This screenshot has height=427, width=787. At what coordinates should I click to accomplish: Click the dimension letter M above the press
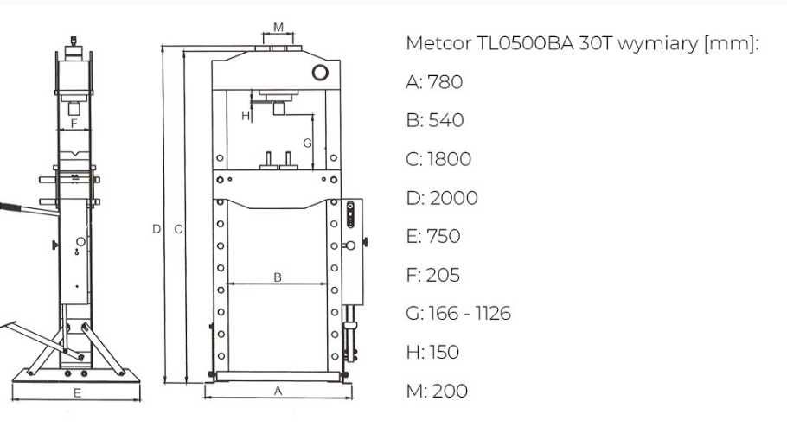(x=278, y=27)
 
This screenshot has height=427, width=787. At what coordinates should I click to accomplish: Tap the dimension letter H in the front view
(x=245, y=115)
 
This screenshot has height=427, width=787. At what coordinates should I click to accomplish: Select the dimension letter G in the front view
(x=306, y=141)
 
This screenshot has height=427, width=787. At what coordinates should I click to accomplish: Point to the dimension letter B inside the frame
(x=277, y=277)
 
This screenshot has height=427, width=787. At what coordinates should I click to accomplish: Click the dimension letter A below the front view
(x=278, y=391)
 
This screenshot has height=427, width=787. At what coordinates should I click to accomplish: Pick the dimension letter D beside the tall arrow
(x=156, y=229)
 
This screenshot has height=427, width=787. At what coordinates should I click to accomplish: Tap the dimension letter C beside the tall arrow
(x=177, y=229)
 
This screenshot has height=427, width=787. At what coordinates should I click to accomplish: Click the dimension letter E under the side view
(x=77, y=393)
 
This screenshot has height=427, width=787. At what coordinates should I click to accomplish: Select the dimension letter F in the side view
(x=74, y=123)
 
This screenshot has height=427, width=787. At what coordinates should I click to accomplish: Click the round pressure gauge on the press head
(x=321, y=73)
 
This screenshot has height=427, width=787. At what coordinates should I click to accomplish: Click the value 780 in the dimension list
(x=445, y=82)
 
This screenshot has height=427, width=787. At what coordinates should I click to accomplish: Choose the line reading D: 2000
(x=441, y=198)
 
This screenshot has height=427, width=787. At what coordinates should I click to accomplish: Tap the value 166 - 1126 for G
(x=470, y=313)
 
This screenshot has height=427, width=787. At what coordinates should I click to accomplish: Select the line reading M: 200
(x=437, y=391)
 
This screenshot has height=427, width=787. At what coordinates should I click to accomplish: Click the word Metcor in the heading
(x=438, y=44)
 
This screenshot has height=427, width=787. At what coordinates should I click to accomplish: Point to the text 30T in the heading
(x=591, y=44)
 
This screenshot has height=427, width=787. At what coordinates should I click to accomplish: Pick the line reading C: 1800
(x=438, y=159)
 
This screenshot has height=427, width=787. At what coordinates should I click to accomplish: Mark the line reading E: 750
(x=432, y=236)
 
